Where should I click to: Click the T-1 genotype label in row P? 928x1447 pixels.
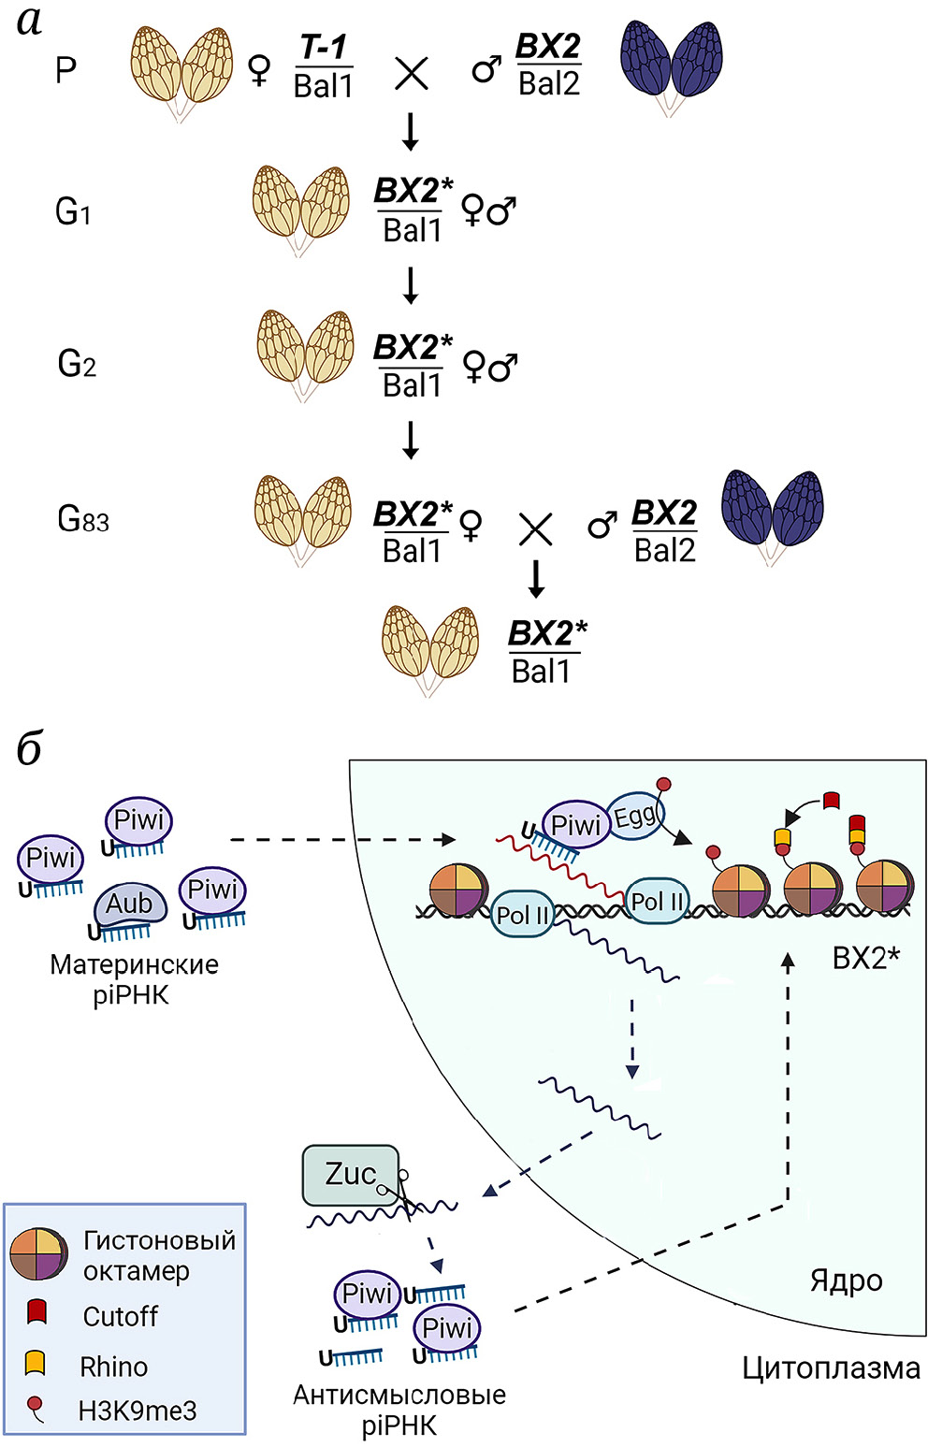tap(323, 47)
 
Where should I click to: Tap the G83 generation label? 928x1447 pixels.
tap(83, 519)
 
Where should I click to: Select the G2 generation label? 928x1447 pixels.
tap(77, 363)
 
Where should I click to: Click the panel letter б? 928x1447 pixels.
tap(29, 748)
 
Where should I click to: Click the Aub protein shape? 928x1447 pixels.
tap(130, 904)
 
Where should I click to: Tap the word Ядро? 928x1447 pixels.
tap(846, 1281)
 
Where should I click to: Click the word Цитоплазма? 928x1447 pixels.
tap(831, 1368)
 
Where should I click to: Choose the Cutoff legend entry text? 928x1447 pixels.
tap(120, 1316)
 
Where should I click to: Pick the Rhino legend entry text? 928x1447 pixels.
tap(113, 1367)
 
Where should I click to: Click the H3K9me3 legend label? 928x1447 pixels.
tap(137, 1411)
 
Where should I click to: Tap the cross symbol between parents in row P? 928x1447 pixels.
tap(411, 71)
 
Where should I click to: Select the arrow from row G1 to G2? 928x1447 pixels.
tap(410, 284)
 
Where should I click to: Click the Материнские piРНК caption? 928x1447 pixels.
tap(134, 978)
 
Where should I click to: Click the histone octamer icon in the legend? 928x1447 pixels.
tap(39, 1254)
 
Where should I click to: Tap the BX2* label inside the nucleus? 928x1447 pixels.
tap(865, 958)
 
